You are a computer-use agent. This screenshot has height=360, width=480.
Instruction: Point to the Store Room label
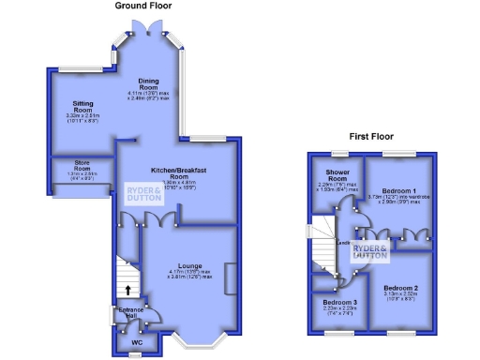click(x=80, y=170)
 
